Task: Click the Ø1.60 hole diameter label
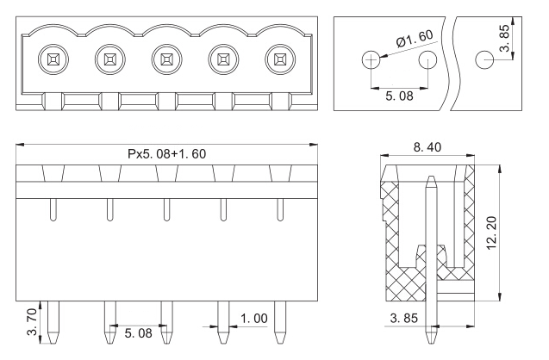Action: (x=415, y=38)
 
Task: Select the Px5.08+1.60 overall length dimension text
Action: (x=166, y=153)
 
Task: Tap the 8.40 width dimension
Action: (x=427, y=147)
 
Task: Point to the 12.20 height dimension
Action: (x=492, y=233)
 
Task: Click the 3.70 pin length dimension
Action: (x=32, y=321)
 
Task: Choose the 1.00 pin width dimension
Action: (x=254, y=319)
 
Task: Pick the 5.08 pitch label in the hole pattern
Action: (x=400, y=96)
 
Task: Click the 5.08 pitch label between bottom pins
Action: (x=138, y=333)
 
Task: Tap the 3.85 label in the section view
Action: (x=404, y=318)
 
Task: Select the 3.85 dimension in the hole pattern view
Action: (x=505, y=38)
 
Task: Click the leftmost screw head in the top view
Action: (x=53, y=59)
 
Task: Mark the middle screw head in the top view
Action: (x=166, y=59)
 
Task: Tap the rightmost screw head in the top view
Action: (x=280, y=59)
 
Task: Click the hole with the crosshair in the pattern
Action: (x=371, y=59)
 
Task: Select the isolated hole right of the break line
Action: (x=484, y=59)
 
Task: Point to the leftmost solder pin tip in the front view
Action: (x=53, y=343)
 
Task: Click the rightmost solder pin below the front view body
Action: (x=280, y=322)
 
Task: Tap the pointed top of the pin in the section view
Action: (x=431, y=177)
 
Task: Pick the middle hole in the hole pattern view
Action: (x=427, y=59)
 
